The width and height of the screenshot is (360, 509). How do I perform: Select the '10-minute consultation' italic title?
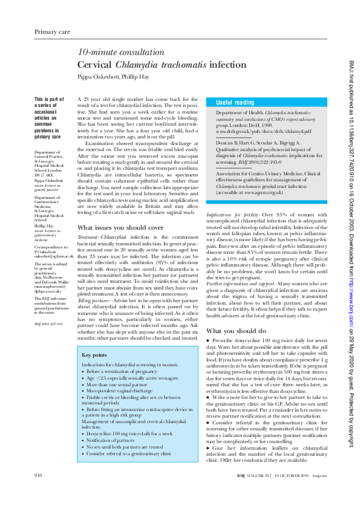click(x=113, y=53)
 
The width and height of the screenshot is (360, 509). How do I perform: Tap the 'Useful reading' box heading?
click(x=235, y=103)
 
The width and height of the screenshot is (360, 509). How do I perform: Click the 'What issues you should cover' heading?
click(x=121, y=227)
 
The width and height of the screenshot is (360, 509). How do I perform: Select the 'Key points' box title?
click(x=94, y=355)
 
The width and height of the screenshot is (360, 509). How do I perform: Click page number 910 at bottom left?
click(x=38, y=476)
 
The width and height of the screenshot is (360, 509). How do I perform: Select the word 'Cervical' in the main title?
click(x=96, y=65)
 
